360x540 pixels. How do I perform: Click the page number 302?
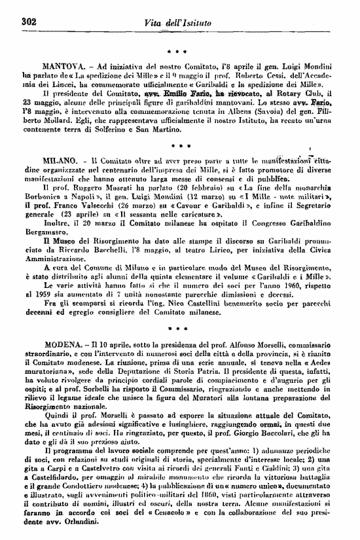28,22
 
